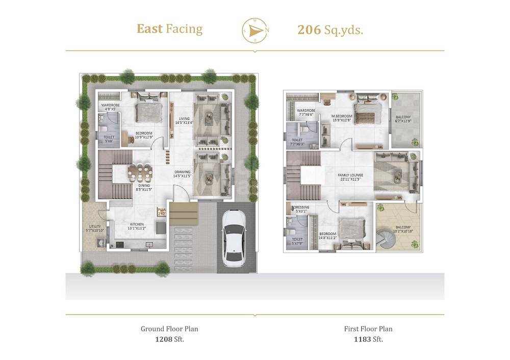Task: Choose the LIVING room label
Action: coord(183,120)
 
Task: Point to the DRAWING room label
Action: coord(182,174)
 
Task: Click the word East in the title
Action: coord(149,29)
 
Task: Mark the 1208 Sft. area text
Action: coord(169,339)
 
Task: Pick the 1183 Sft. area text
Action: coord(368,339)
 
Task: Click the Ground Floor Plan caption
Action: coord(169,329)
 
